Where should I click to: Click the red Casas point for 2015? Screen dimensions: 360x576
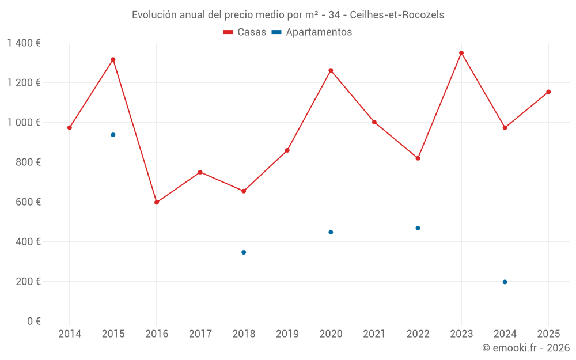point(113,59)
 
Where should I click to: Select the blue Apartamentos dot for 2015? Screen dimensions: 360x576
point(113,135)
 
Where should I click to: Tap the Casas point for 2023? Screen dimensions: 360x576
point(461,53)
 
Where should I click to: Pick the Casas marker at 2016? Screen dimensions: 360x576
point(157,202)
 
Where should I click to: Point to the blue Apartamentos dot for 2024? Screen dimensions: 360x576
point(505,282)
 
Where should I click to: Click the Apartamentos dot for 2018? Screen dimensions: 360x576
point(244,252)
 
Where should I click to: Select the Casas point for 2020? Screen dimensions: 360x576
point(331,70)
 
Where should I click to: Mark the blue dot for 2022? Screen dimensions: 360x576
point(418,228)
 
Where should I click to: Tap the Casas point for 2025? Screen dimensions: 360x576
point(548,92)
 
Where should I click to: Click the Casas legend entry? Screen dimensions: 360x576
point(245,32)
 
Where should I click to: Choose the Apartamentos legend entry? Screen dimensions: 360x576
point(312,32)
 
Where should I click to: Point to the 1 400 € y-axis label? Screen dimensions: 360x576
point(24,43)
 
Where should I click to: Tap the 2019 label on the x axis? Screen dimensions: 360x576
point(287,334)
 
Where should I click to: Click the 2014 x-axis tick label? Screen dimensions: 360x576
point(70,334)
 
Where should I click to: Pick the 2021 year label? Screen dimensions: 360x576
point(374,334)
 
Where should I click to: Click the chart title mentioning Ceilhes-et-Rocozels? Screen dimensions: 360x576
point(288,15)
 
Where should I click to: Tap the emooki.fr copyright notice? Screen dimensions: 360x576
point(525,348)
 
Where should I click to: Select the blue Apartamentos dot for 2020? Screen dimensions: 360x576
point(331,232)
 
